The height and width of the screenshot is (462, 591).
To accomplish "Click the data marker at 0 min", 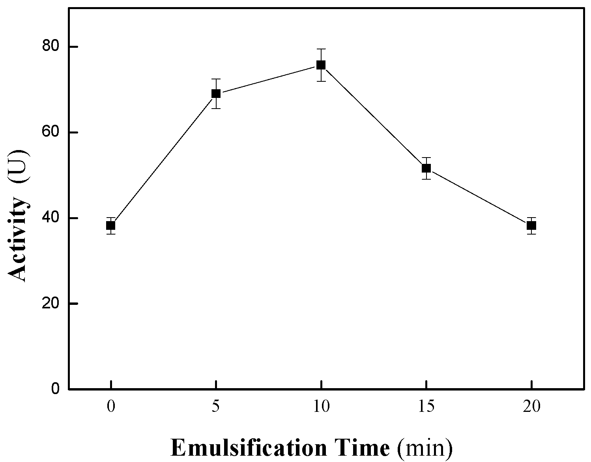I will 111,225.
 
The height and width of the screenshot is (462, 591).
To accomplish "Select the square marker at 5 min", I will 216,94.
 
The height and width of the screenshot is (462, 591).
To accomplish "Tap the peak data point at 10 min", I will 321,65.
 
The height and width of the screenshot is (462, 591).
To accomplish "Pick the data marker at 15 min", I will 426,168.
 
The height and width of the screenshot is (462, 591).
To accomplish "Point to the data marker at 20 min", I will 531,225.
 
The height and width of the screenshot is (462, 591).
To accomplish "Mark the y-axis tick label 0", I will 56,389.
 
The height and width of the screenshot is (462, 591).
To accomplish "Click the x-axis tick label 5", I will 216,407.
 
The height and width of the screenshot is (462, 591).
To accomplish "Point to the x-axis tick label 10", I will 321,407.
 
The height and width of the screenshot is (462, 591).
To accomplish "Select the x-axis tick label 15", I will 426,407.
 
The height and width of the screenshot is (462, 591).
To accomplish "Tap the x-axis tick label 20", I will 531,407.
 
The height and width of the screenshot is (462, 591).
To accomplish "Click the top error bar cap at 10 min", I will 321,49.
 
